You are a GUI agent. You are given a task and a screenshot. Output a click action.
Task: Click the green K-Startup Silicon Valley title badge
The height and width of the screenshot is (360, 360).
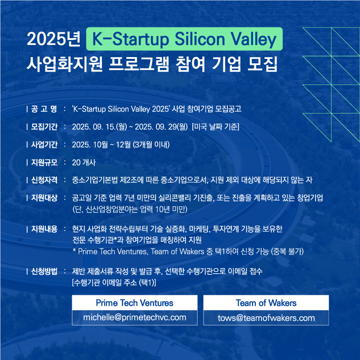(x=184, y=39)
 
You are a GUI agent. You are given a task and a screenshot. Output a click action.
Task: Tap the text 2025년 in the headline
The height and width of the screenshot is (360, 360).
(x=53, y=39)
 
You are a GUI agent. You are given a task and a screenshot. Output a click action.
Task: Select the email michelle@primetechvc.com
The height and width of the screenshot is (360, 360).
(x=134, y=317)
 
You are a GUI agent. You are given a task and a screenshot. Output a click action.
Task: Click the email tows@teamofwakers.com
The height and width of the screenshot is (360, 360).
(x=266, y=318)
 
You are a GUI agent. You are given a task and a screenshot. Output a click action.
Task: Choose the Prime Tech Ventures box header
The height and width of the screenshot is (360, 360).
(x=134, y=303)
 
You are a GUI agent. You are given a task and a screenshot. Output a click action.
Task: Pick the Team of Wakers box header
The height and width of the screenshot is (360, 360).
(x=266, y=303)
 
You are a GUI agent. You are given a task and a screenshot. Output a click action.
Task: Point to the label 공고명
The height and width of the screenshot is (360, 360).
(x=44, y=109)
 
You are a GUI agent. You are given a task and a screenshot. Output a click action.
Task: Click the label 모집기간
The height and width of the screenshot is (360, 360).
(x=44, y=127)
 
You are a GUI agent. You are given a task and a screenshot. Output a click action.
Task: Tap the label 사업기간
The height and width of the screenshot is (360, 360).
(x=44, y=145)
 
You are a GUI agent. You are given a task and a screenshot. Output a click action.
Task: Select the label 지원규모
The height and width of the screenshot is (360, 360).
(x=44, y=163)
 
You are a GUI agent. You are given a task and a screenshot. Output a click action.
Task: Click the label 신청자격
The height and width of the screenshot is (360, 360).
(x=44, y=180)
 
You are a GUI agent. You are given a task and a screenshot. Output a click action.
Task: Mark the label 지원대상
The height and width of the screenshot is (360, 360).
(x=44, y=198)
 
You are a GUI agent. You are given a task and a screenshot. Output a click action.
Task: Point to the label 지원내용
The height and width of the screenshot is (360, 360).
(x=44, y=229)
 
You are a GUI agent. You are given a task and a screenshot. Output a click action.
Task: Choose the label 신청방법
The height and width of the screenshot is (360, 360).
(x=44, y=271)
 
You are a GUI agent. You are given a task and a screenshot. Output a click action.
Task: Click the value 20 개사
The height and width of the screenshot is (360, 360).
(x=84, y=163)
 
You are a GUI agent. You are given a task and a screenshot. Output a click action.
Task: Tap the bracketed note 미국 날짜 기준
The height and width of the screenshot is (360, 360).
(x=215, y=127)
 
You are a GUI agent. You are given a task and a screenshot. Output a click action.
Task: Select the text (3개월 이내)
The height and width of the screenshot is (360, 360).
(x=151, y=145)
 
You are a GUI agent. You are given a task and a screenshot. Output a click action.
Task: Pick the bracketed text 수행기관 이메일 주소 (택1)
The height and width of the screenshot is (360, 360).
(x=114, y=283)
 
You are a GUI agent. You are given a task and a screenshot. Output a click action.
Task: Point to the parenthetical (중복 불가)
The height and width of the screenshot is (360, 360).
(x=287, y=251)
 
